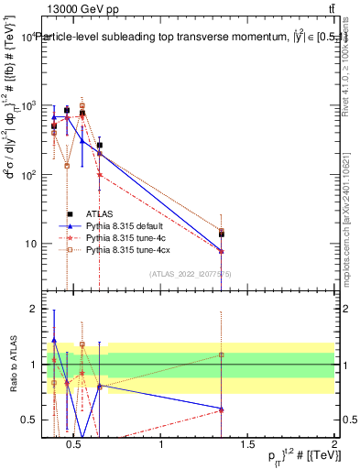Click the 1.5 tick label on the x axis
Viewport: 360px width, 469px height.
[247, 445]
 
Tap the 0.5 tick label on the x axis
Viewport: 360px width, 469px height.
[75, 445]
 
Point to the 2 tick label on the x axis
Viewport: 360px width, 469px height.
[333, 445]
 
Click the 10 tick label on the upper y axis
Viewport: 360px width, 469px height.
[29, 244]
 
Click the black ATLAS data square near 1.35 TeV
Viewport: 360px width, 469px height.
[221, 234]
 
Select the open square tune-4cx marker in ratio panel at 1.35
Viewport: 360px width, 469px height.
[221, 354]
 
